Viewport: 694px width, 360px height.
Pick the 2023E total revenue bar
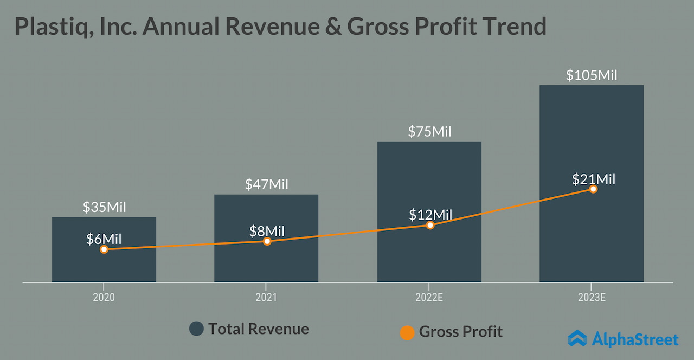[x=592, y=136]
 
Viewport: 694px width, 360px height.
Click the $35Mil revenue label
[x=104, y=207]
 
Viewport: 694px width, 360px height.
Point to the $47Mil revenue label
[x=266, y=184]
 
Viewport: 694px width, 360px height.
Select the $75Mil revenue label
[x=429, y=131]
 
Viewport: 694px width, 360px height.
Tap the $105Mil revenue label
[x=592, y=75]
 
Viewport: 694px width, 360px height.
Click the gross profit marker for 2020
[x=104, y=249]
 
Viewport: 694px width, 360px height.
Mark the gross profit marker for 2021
[x=267, y=241]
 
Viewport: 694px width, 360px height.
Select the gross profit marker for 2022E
[x=430, y=224]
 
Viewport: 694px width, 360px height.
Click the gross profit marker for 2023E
[x=593, y=189]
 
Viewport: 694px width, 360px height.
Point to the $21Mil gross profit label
[x=594, y=179]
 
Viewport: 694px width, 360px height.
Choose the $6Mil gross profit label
[x=104, y=239]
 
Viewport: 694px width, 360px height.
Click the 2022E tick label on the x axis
[x=428, y=298]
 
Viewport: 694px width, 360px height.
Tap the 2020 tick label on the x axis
[x=104, y=298]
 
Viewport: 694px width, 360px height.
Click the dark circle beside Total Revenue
[x=196, y=329]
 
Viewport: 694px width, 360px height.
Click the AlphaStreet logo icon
[x=577, y=338]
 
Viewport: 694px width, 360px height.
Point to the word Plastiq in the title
[x=48, y=27]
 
